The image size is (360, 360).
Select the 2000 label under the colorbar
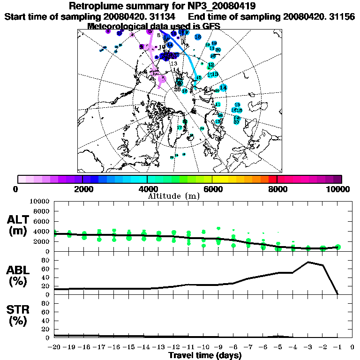(82, 189)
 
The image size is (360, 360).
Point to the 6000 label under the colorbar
(212, 189)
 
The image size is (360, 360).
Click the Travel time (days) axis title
(205, 356)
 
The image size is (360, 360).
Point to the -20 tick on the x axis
(55, 348)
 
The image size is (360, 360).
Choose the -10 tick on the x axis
(203, 348)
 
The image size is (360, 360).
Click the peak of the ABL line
(308, 262)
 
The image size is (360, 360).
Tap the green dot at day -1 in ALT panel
(338, 247)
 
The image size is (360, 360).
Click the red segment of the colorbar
(272, 179)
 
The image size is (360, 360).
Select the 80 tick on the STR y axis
(46, 303)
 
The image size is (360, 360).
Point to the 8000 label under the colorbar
(277, 189)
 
